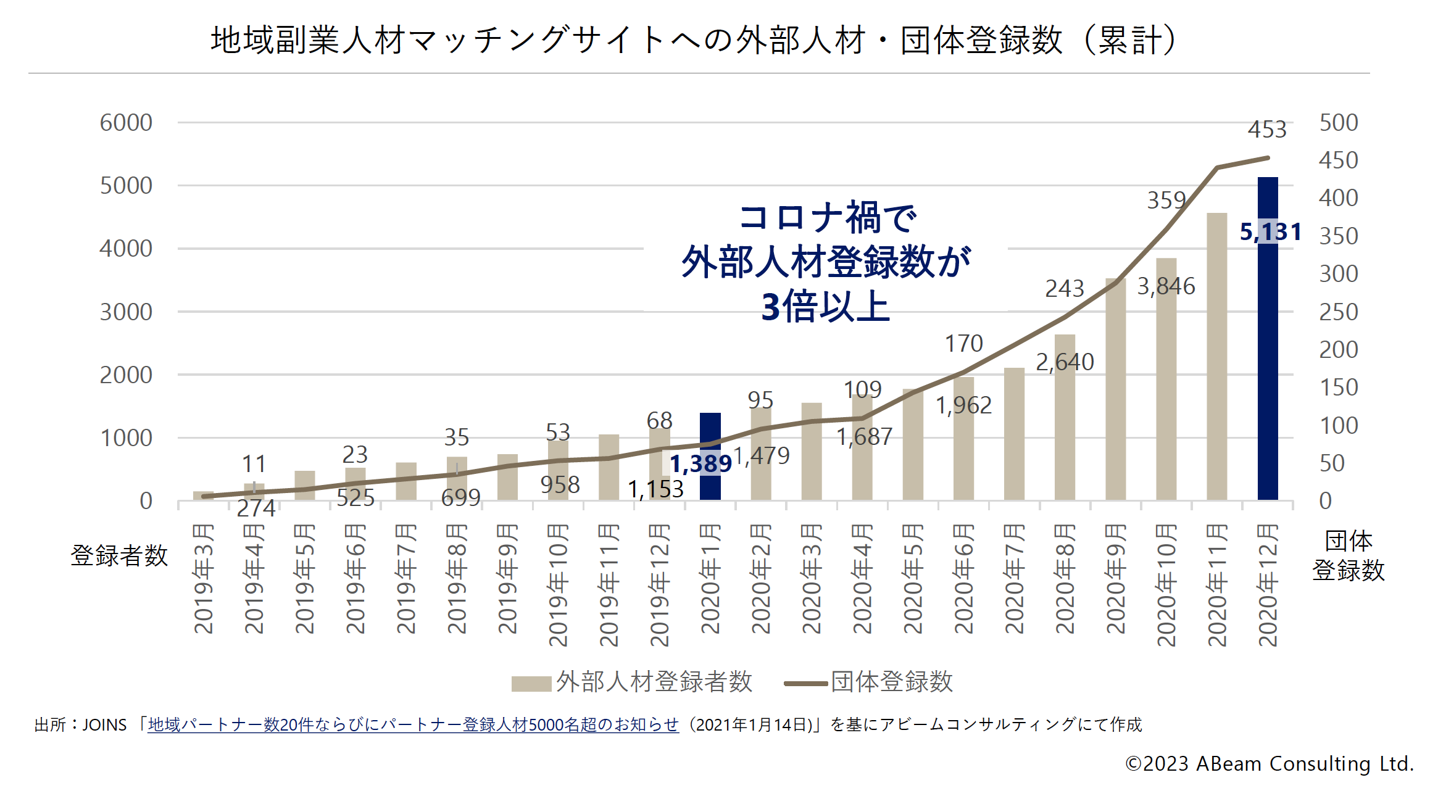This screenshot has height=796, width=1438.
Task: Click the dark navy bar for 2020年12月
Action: tap(1268, 370)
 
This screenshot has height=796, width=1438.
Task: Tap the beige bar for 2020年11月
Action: tap(1216, 358)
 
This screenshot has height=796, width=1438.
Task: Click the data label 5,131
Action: tap(1271, 232)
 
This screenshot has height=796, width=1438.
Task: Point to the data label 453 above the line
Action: tap(1267, 130)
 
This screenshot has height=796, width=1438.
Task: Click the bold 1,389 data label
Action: tap(700, 464)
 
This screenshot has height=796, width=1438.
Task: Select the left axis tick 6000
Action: tap(126, 123)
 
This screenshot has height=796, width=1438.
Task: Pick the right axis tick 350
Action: tap(1338, 236)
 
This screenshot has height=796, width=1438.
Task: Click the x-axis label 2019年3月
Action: tap(204, 579)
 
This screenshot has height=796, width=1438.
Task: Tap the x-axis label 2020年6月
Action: tap(964, 579)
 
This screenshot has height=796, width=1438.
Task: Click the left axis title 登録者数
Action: tap(119, 555)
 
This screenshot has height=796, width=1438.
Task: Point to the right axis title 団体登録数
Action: tap(1348, 555)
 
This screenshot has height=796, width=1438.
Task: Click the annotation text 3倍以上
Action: tap(825, 307)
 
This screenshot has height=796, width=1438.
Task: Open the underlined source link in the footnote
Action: tap(413, 724)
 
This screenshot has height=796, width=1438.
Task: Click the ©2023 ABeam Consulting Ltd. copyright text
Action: tap(1269, 764)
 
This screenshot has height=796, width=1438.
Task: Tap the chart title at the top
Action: tap(694, 40)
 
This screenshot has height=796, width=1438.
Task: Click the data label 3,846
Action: tap(1166, 286)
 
